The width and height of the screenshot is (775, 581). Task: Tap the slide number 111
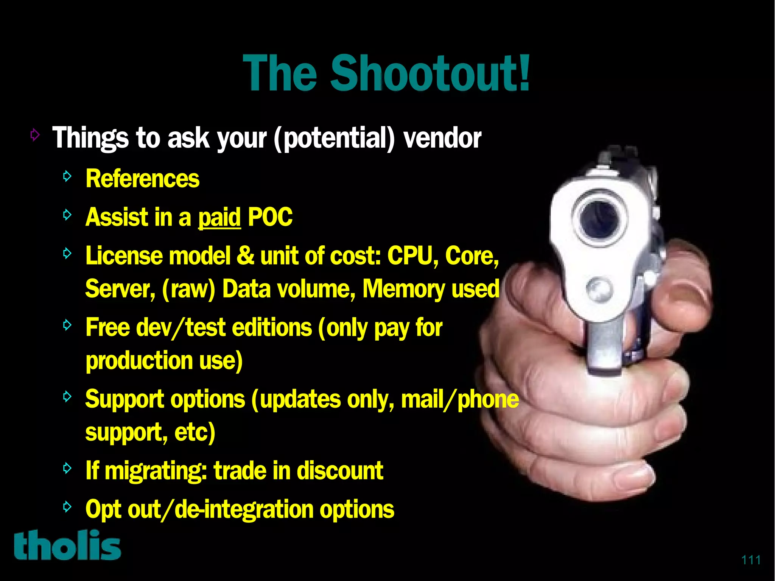pos(751,559)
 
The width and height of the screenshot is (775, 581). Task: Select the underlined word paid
pos(219,218)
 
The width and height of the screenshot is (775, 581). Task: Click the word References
pos(142,179)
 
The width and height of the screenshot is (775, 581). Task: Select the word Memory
pos(403,289)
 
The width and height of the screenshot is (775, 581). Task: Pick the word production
pos(139,360)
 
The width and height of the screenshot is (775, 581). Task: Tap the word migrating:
pos(156,471)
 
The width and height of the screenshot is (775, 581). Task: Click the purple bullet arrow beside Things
pos(35,134)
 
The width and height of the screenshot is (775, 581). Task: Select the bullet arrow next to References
pos(67,176)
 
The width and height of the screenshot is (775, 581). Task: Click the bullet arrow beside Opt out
pos(67,506)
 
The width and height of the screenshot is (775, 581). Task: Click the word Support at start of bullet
pos(127,400)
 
